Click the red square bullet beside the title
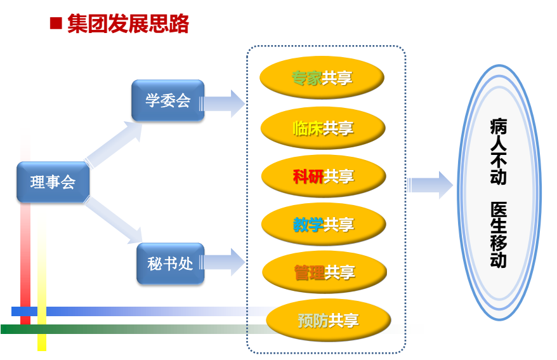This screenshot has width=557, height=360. tap(56, 23)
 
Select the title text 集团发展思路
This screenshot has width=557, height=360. tap(128, 24)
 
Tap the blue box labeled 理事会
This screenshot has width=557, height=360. tap(53, 182)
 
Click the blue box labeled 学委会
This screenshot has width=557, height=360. tap(167, 100)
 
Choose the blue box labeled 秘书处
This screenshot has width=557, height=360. tap(171, 263)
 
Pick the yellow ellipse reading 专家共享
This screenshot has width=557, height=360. tap(322, 77)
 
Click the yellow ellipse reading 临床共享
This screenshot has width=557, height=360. tap(323, 128)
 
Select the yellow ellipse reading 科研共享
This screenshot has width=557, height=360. tap(324, 176)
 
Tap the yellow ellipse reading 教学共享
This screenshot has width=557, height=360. tap(324, 224)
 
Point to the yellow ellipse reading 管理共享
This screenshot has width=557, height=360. tap(324, 272)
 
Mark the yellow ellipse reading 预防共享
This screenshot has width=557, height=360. tap(329, 320)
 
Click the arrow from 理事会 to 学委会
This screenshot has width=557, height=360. tap(113, 144)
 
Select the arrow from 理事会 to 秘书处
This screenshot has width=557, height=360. tap(113, 220)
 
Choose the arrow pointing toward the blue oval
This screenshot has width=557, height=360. tap(430, 185)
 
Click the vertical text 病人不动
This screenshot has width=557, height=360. tap(499, 151)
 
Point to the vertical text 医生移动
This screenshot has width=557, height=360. tap(499, 234)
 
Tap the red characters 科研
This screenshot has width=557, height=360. tap(308, 177)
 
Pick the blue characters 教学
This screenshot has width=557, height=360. tap(308, 224)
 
